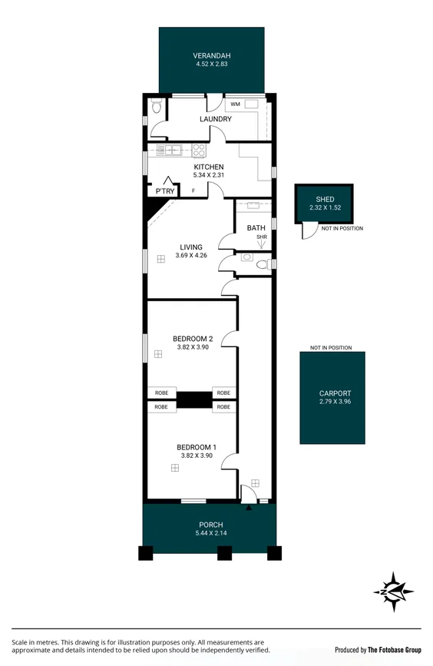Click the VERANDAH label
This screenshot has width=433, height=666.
211,56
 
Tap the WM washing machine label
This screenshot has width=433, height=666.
235,104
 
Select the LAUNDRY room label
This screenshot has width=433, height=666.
216,119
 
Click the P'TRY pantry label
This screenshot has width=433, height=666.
164,191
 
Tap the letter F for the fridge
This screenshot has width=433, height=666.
193,191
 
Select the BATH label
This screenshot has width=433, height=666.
256,228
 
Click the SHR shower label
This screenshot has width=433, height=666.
261,237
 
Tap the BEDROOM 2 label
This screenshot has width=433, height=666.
193,339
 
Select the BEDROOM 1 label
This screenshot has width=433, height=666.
197,447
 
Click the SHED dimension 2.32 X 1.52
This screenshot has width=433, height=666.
324,207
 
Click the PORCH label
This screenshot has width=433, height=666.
210,525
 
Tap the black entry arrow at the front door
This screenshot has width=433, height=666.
249,508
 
